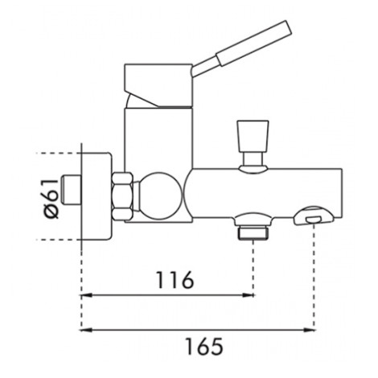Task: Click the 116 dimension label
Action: [175, 280]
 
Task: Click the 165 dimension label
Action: [204, 346]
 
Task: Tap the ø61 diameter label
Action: [51, 199]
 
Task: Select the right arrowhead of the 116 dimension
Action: [248, 295]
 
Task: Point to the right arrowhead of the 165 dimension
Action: [309, 330]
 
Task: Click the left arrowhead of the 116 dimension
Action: [87, 295]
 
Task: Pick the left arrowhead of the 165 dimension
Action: [87, 330]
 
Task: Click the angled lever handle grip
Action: [254, 43]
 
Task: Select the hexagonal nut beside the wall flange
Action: [122, 196]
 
